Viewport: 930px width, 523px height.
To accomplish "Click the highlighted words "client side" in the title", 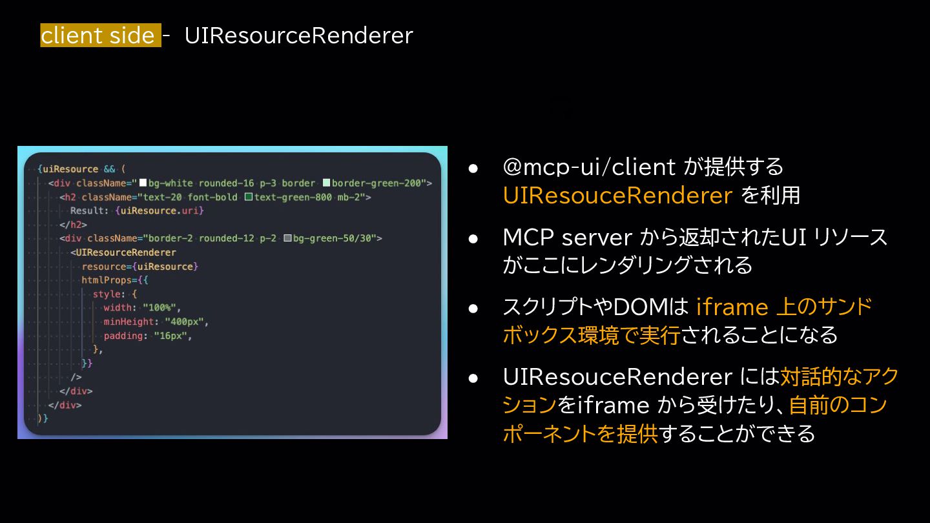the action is click(x=98, y=36).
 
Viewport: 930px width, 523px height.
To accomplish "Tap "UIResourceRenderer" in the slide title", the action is click(x=298, y=36).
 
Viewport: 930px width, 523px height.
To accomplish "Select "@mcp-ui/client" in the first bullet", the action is click(x=589, y=167).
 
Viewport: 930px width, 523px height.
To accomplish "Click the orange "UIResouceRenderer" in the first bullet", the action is click(x=617, y=195).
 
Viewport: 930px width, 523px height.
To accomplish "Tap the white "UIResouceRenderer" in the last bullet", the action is click(x=617, y=376).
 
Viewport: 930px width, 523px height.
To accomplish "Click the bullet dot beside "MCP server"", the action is click(x=473, y=238).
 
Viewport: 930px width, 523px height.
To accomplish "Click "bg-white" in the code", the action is click(x=170, y=183).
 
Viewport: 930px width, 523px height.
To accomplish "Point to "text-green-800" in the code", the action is click(x=292, y=197).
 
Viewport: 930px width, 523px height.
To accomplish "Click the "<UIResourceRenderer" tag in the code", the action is click(x=123, y=252).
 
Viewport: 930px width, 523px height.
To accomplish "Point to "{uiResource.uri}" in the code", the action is click(x=160, y=210).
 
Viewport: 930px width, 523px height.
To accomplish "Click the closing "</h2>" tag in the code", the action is click(x=73, y=225).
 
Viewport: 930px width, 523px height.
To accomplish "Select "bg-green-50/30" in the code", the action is click(x=334, y=238).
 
